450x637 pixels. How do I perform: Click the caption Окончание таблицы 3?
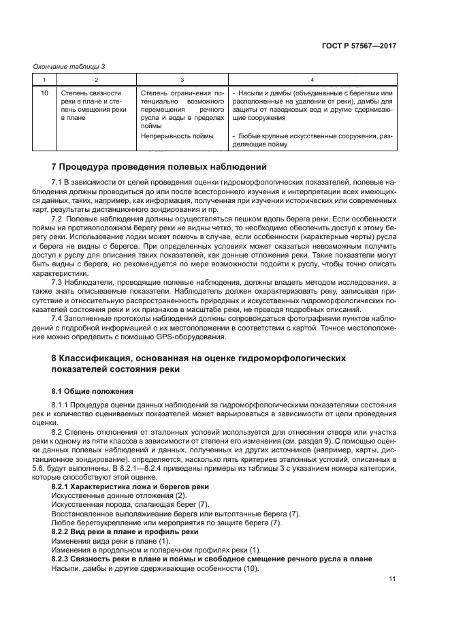[x=69, y=66]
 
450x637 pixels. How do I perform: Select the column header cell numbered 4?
[x=312, y=79]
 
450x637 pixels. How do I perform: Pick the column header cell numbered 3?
[x=182, y=79]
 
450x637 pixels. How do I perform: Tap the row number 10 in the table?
[x=44, y=93]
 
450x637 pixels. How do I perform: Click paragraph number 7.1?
[x=57, y=183]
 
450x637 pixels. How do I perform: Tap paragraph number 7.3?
[x=57, y=281]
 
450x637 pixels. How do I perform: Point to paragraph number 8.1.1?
[x=61, y=406]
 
